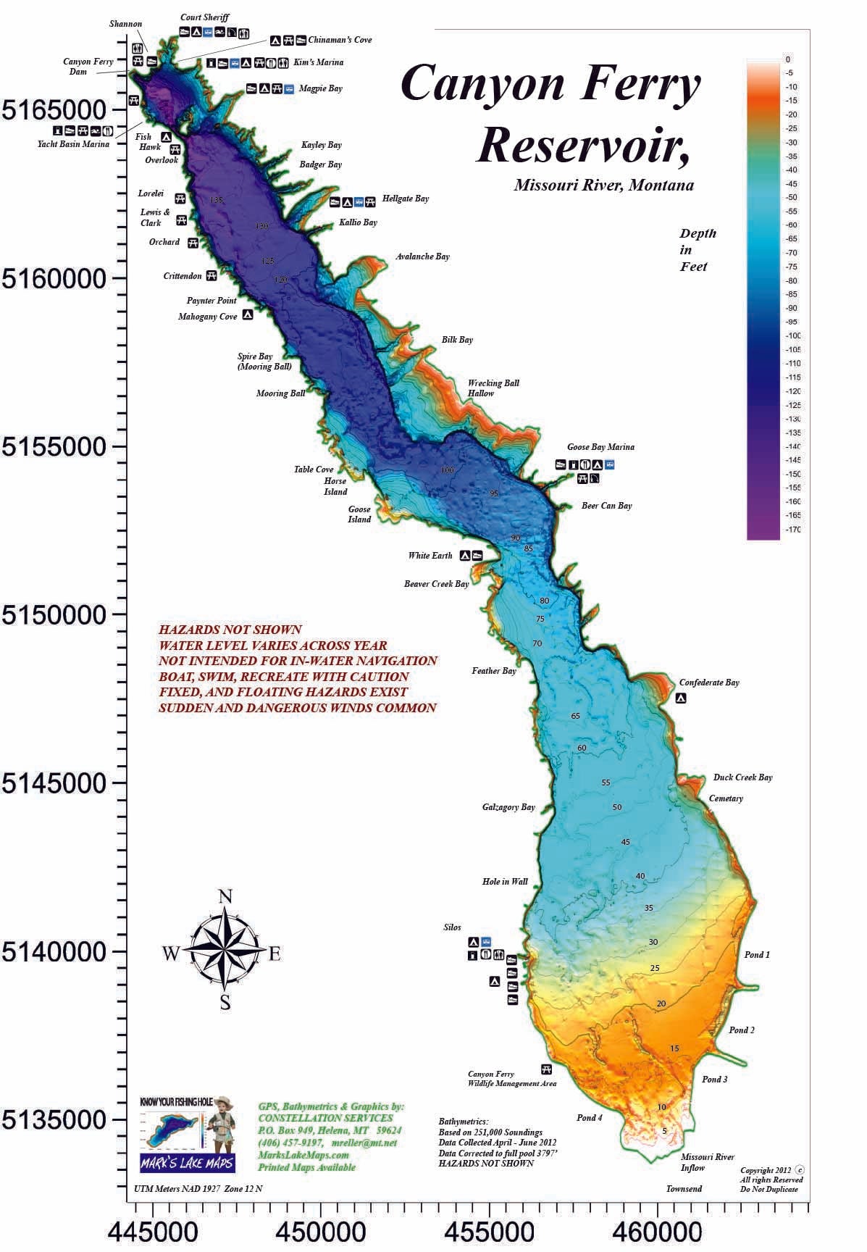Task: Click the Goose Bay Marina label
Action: (600, 447)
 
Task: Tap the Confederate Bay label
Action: (708, 683)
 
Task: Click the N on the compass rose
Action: (225, 896)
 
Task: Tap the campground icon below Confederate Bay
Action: (681, 698)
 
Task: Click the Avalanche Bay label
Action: (422, 256)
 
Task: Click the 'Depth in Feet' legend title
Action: (697, 250)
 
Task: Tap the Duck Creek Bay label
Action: (742, 777)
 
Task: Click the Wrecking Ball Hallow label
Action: (493, 388)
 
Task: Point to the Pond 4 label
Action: (590, 1117)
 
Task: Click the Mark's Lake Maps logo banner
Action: (188, 1163)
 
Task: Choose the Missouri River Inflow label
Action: (707, 1162)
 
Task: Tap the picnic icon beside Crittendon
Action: (211, 275)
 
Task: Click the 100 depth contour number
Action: (447, 470)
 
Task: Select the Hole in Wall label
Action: (505, 882)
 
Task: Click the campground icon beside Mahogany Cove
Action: (248, 315)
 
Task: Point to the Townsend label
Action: (684, 1189)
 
